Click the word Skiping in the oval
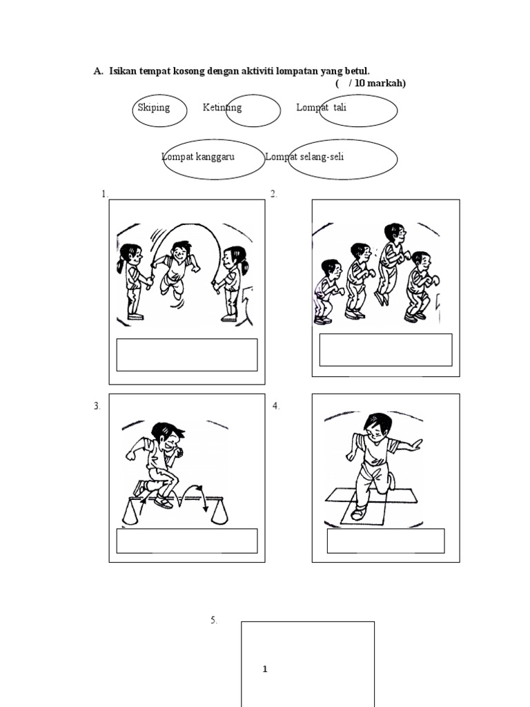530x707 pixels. pyautogui.click(x=153, y=108)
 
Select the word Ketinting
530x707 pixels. pyautogui.click(x=222, y=108)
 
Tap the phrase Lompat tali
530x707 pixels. pyautogui.click(x=321, y=108)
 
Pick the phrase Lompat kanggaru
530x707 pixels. pyautogui.click(x=198, y=157)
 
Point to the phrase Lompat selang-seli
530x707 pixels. pyautogui.click(x=304, y=157)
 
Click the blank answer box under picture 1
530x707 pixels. pyautogui.click(x=187, y=355)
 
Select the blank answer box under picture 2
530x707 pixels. pyautogui.click(x=386, y=350)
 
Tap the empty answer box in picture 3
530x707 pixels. pyautogui.click(x=187, y=541)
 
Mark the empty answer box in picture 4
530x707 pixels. pyautogui.click(x=386, y=541)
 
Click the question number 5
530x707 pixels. pyautogui.click(x=214, y=621)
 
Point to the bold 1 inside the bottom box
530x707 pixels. pyautogui.click(x=265, y=669)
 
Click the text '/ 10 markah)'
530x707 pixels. pyautogui.click(x=377, y=84)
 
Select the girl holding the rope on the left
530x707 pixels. pyautogui.click(x=132, y=280)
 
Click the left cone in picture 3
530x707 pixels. pyautogui.click(x=130, y=512)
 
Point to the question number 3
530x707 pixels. pyautogui.click(x=97, y=406)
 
